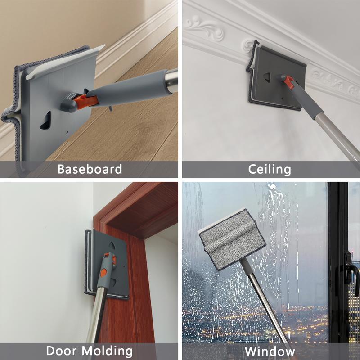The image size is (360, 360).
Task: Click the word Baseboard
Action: click(90, 169)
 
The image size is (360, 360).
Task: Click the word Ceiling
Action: click(270, 169)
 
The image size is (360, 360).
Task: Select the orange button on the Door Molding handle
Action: click(104, 272)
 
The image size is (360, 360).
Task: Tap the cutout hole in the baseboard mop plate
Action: click(46, 121)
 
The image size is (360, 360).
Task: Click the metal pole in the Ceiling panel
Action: click(337, 135)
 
